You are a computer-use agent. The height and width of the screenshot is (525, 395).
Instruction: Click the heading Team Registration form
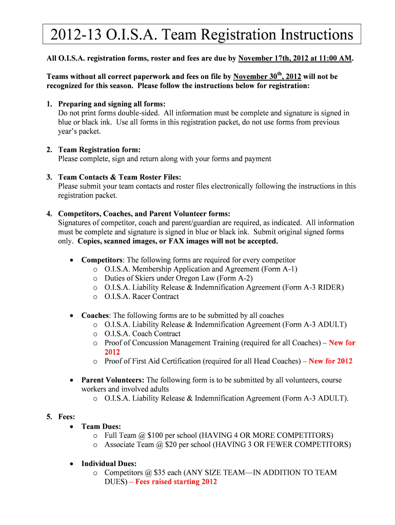pyautogui.click(x=99, y=150)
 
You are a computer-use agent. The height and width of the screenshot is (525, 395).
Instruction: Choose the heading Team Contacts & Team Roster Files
pyautogui.click(x=120, y=177)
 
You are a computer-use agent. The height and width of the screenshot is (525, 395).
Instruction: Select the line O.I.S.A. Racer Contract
pyautogui.click(x=142, y=296)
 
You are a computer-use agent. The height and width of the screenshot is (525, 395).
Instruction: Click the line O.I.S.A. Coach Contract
pyautogui.click(x=143, y=333)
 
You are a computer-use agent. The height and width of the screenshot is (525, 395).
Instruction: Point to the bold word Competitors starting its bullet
pyautogui.click(x=102, y=259)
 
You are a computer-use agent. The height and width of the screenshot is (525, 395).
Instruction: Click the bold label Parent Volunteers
pyautogui.click(x=112, y=380)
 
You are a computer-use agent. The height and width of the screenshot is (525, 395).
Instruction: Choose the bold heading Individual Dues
pyautogui.click(x=109, y=463)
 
